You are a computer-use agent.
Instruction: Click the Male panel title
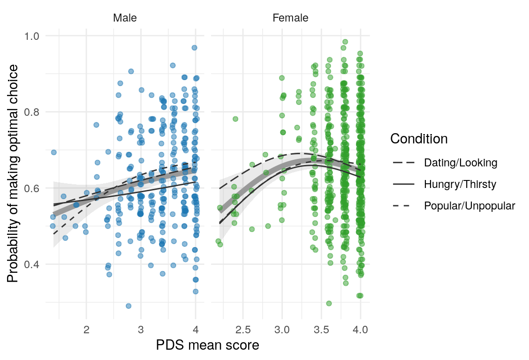coord(125,18)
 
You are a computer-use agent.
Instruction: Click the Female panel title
coord(290,18)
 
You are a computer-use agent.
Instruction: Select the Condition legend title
coord(419,139)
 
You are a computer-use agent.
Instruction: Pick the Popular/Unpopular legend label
coord(469,206)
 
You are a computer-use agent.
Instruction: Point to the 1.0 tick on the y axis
coord(35,36)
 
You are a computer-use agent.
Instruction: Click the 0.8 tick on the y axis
coord(35,112)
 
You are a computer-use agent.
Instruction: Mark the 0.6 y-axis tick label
coord(35,188)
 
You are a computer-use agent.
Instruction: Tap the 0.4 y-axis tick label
coord(35,264)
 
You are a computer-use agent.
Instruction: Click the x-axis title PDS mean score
coord(207,346)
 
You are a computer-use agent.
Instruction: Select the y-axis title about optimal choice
coord(14,173)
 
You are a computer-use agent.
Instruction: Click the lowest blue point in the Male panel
coord(128,306)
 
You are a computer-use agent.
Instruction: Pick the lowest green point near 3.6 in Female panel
coord(329,303)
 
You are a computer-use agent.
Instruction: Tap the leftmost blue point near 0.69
coord(53,152)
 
